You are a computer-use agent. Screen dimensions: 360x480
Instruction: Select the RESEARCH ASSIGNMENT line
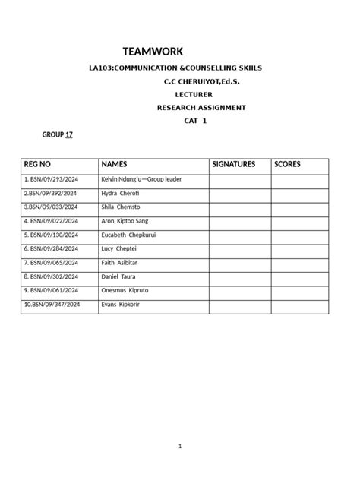pos(201,108)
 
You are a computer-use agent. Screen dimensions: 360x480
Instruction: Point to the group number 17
pos(70,134)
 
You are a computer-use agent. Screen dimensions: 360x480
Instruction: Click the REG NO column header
pos(38,164)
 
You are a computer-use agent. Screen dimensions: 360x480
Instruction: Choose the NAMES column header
pos(114,164)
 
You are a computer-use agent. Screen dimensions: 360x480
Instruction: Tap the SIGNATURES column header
pos(234,164)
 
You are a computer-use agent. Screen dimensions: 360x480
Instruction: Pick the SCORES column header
pos(287,164)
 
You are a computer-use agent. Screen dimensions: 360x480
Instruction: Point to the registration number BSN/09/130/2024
pos(52,235)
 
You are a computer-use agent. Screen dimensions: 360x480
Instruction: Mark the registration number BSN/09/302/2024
pos(52,276)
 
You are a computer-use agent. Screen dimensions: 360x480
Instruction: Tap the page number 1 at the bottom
pos(180,446)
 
